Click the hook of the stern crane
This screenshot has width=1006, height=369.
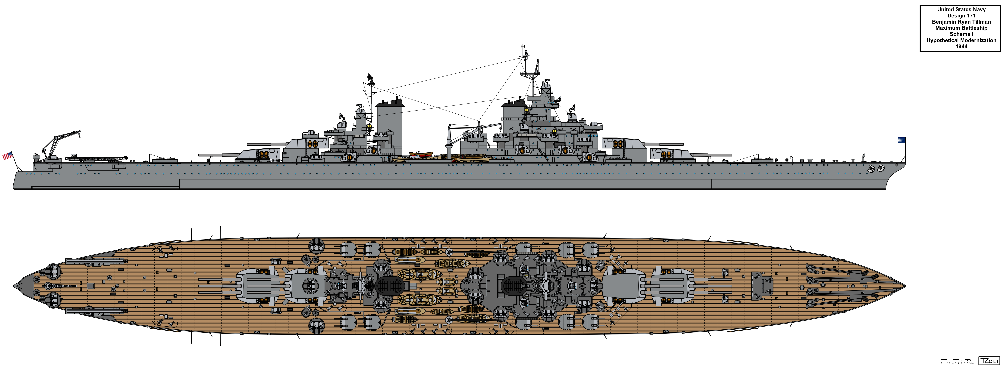pos(79,137)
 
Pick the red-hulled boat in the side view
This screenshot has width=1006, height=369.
pos(421,154)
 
